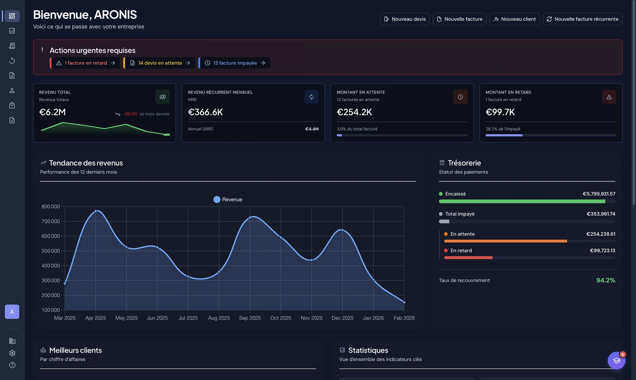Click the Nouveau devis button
[x=405, y=19]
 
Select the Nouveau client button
[x=514, y=19]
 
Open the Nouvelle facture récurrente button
[x=582, y=19]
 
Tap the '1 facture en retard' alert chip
[x=86, y=63]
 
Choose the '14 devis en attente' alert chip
[x=159, y=63]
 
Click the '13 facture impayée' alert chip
[x=235, y=63]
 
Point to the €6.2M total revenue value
[x=53, y=112]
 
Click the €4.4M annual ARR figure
[x=312, y=129]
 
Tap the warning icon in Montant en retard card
[x=609, y=97]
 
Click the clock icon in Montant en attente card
[x=460, y=97]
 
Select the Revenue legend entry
[x=227, y=199]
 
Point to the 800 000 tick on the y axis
[x=51, y=207]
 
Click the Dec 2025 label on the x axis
[x=342, y=318]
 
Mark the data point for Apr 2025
[x=96, y=211]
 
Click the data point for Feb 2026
[x=404, y=302]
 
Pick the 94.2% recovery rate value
[x=606, y=280]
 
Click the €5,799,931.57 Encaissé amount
[x=598, y=194]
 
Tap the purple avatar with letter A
[x=12, y=312]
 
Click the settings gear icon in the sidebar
[x=12, y=353]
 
